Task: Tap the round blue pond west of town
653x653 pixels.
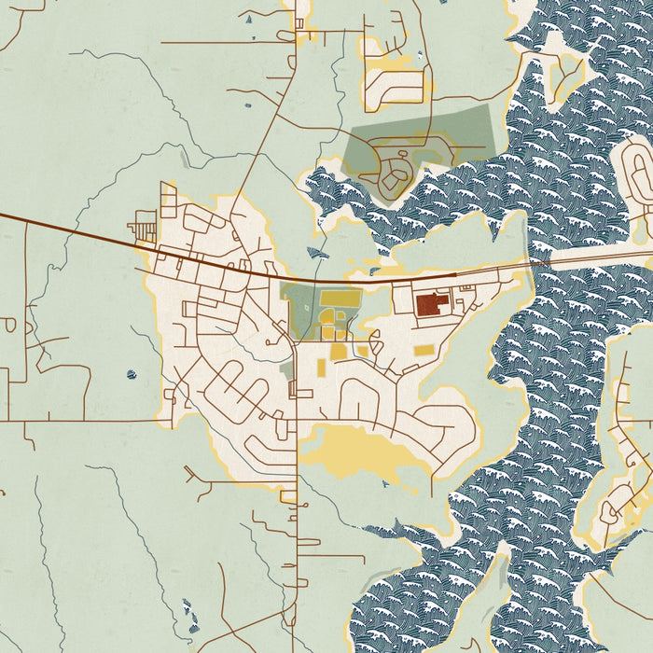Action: coord(131,375)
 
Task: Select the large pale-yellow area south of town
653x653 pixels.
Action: coord(354,452)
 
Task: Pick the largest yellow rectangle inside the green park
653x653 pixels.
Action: coord(340,299)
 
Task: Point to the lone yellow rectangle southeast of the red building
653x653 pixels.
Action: coord(424,351)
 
